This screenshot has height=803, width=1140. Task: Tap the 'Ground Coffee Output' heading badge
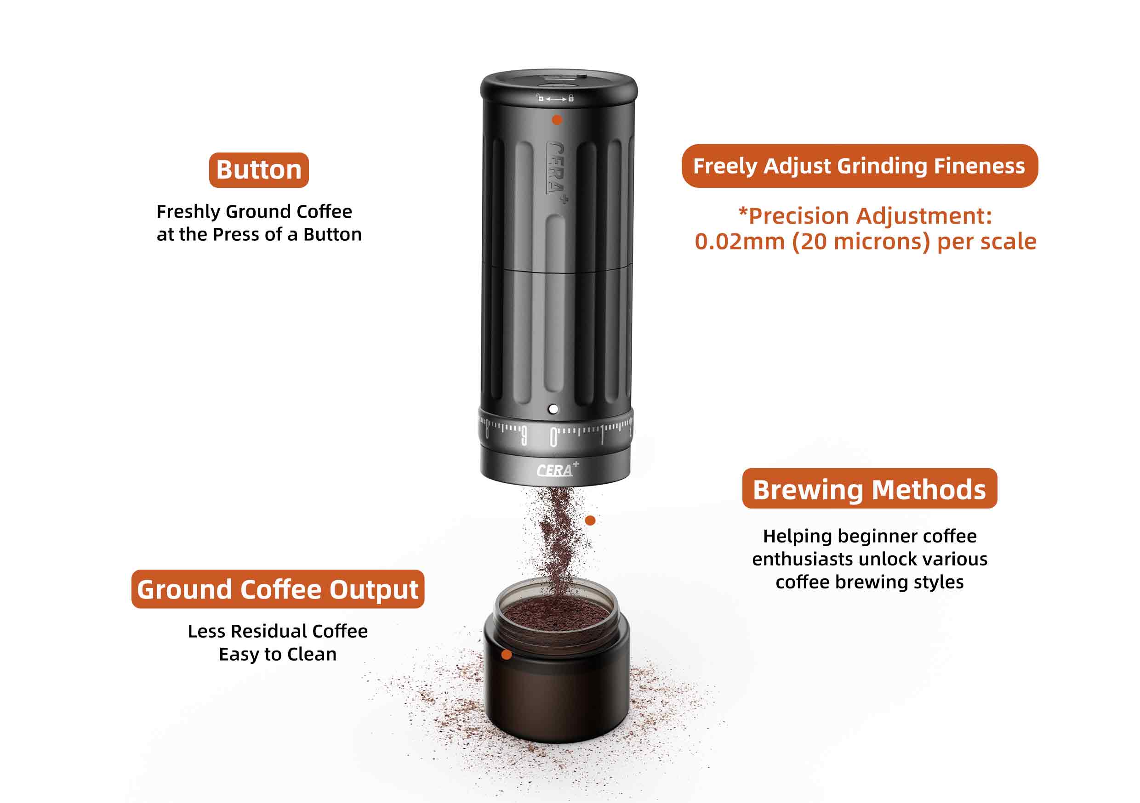(278, 589)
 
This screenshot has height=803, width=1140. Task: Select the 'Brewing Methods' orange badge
(869, 488)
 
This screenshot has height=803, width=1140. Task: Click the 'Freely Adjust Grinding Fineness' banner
(860, 166)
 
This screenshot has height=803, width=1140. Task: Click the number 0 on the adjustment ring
(553, 437)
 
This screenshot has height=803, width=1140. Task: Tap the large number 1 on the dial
(602, 435)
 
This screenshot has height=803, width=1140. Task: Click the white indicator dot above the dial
(553, 409)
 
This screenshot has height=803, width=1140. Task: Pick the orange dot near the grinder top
(557, 119)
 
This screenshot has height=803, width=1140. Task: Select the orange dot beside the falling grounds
(590, 520)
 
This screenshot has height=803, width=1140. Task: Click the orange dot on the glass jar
(507, 655)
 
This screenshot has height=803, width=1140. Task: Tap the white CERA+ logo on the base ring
(557, 469)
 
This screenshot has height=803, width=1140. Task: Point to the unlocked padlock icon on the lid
(540, 98)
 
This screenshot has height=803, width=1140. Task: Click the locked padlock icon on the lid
(571, 98)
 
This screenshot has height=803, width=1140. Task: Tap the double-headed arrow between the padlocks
(556, 99)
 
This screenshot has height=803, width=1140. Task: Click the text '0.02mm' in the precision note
(739, 242)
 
